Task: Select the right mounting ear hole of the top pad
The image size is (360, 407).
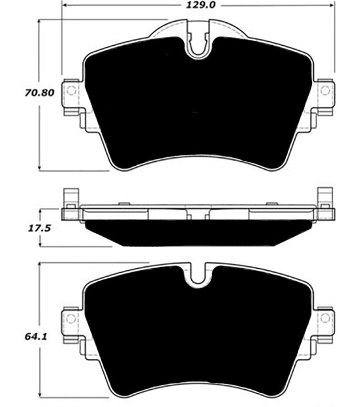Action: pyautogui.click(x=325, y=90)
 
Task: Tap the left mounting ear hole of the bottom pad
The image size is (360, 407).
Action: pyautogui.click(x=71, y=318)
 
